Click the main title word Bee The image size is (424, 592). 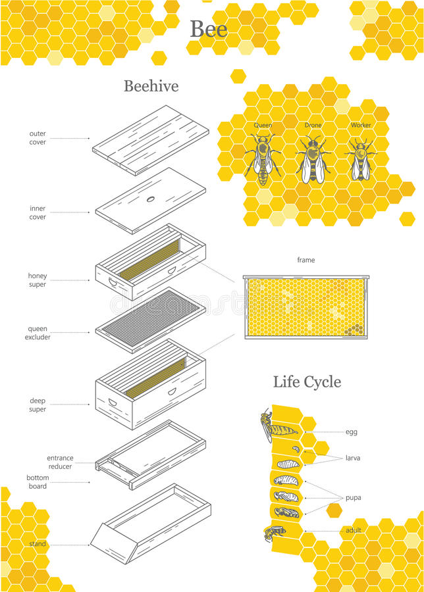(209, 29)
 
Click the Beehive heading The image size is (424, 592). (151, 86)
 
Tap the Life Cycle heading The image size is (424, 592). (307, 382)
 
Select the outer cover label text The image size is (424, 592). (38, 137)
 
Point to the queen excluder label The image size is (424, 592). (38, 333)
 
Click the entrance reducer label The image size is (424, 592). (60, 462)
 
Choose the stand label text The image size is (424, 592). (38, 544)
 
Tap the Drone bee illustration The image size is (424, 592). (313, 160)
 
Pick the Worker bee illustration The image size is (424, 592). (360, 160)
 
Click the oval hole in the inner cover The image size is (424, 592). (151, 199)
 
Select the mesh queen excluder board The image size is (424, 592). (151, 319)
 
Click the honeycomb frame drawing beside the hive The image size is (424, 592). (306, 307)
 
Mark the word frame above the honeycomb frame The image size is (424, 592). (306, 260)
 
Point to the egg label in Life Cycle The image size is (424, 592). (352, 432)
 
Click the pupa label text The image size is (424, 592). (353, 497)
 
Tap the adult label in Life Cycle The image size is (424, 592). (354, 530)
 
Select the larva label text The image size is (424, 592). (353, 458)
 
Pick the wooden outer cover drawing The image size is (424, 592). (150, 140)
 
